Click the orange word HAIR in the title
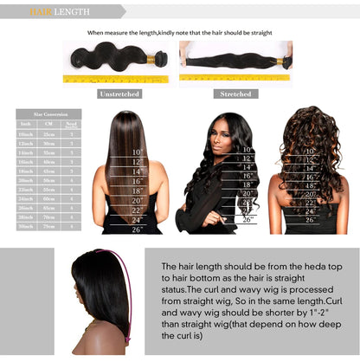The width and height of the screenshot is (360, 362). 41,12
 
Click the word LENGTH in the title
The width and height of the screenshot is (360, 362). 71,12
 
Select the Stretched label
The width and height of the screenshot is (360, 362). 235,93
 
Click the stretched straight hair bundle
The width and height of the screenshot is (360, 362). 235,60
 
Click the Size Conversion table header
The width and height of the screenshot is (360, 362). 48,113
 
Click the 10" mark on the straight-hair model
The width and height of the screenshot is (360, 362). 137,152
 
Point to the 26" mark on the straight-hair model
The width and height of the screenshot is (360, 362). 137,229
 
